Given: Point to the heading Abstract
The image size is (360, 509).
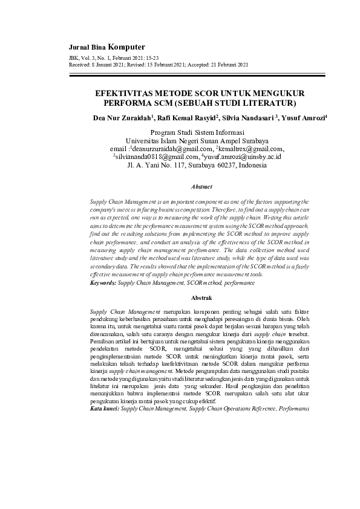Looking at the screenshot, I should pos(202,187).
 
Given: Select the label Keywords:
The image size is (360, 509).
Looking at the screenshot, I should pos(102,282).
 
